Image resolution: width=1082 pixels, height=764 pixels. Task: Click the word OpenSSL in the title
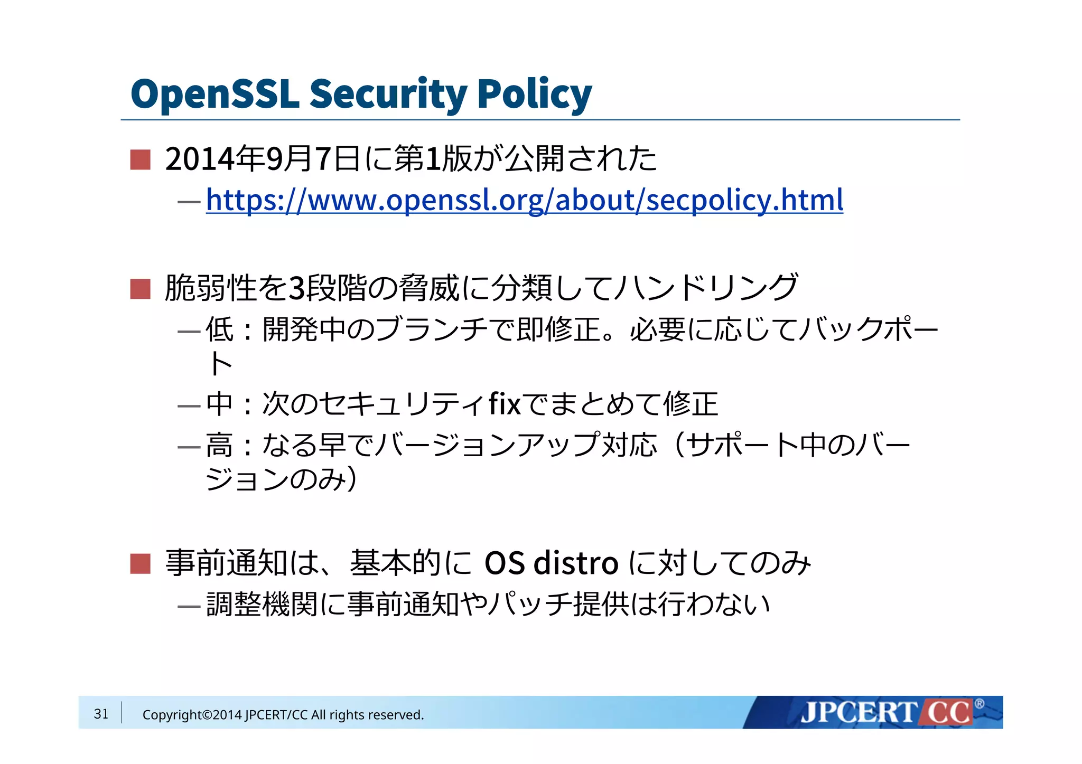pyautogui.click(x=214, y=94)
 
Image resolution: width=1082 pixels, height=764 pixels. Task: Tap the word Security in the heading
pyautogui.click(x=388, y=94)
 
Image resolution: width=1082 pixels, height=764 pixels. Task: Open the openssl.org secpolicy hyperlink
pyautogui.click(x=524, y=200)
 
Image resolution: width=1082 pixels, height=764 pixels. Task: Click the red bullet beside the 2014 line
pyautogui.click(x=141, y=159)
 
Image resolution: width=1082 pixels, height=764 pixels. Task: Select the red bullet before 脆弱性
pyautogui.click(x=141, y=289)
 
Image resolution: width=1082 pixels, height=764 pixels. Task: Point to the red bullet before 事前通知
pyautogui.click(x=141, y=563)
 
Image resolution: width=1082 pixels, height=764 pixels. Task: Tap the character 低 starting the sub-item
pyautogui.click(x=219, y=329)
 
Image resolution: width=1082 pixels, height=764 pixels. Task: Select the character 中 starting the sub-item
pyautogui.click(x=219, y=404)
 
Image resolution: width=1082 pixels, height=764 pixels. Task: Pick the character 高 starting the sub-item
pyautogui.click(x=219, y=445)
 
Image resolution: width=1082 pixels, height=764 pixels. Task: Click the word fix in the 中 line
pyautogui.click(x=505, y=404)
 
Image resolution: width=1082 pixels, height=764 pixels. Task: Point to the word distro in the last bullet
pyautogui.click(x=576, y=563)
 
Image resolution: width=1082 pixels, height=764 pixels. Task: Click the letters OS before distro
pyautogui.click(x=505, y=563)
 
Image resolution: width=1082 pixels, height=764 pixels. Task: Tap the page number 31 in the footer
pyautogui.click(x=101, y=714)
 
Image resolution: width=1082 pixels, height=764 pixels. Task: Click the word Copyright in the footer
pyautogui.click(x=172, y=715)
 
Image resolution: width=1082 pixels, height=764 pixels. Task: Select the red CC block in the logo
pyautogui.click(x=948, y=713)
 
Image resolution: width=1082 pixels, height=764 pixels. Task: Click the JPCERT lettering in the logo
pyautogui.click(x=859, y=713)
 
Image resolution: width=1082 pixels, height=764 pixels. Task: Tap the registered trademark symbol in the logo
pyautogui.click(x=979, y=704)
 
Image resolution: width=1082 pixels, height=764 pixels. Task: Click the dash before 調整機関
pyautogui.click(x=189, y=606)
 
